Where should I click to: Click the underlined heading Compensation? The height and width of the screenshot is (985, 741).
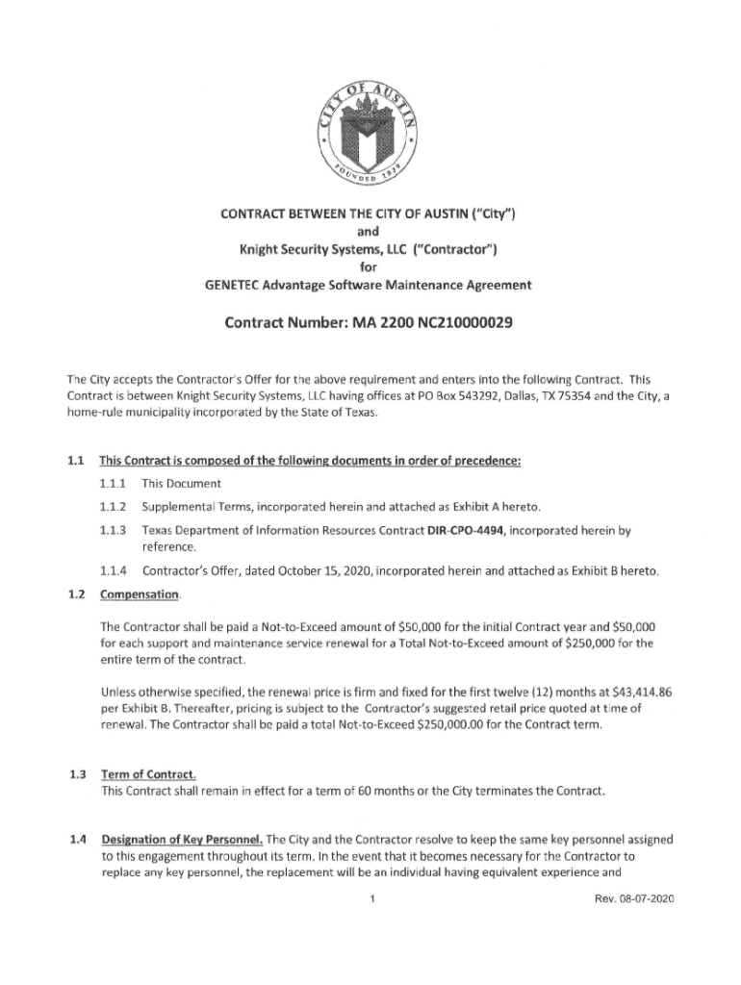click(139, 594)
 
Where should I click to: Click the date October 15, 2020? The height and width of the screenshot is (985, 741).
click(308, 571)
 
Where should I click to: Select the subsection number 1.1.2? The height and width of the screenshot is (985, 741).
click(113, 507)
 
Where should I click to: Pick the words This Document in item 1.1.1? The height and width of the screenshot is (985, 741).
click(182, 483)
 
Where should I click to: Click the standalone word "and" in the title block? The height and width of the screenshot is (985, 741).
click(370, 232)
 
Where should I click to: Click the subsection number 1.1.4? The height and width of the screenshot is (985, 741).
click(113, 571)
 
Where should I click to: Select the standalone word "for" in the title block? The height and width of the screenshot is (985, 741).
click(370, 268)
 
